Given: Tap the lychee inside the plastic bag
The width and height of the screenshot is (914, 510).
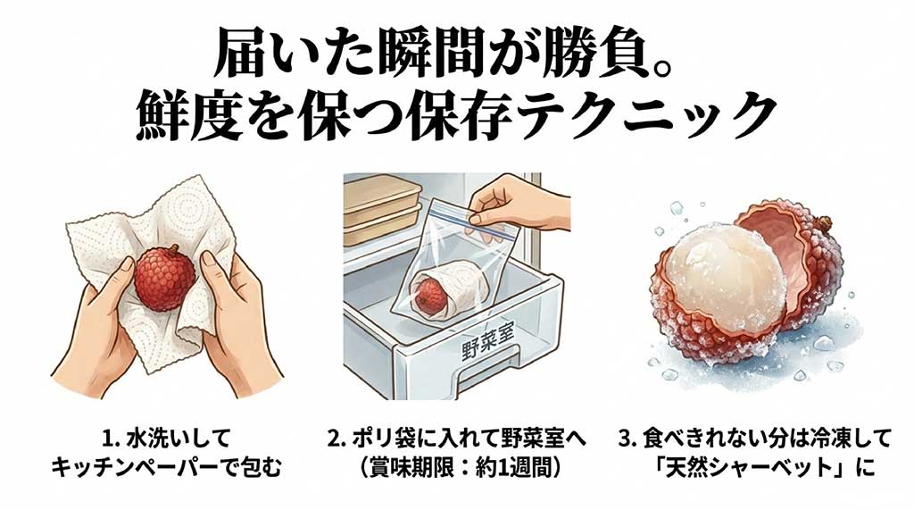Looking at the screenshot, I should coord(430,293).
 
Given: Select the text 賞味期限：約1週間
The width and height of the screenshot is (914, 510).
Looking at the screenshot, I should coord(457,465).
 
